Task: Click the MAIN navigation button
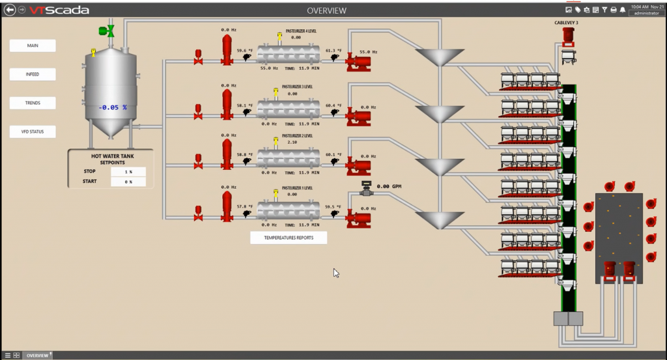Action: click(33, 46)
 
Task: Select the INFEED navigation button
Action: click(33, 74)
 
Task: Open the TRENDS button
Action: click(33, 103)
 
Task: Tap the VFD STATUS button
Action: click(33, 132)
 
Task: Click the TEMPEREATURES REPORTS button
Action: click(289, 238)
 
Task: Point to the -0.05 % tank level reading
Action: click(113, 107)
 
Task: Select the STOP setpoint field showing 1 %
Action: click(128, 172)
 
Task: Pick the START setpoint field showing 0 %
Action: click(128, 182)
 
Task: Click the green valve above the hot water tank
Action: click(106, 31)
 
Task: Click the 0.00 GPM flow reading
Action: click(388, 187)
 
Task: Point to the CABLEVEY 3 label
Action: click(566, 23)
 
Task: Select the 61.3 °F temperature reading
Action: click(334, 51)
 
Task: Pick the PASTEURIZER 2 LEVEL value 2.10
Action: click(292, 142)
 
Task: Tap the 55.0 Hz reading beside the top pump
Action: click(369, 52)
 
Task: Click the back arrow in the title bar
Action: click(9, 10)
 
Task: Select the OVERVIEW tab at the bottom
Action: click(37, 355)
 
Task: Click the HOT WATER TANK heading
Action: click(110, 156)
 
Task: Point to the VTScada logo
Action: click(59, 10)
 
